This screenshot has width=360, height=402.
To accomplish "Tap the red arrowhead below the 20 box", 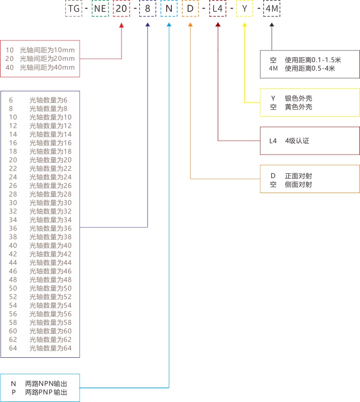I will coord(121,25).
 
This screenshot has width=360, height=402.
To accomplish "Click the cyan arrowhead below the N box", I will coord(168,25).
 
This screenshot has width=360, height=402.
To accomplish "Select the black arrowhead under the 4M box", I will coord(272,25).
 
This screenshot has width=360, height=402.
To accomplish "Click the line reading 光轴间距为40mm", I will coord(47,67).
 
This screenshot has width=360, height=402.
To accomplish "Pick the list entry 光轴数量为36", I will coord(50,228).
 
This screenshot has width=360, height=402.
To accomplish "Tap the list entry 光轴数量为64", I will coord(50,348).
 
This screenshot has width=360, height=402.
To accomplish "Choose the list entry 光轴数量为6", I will coord(48,100).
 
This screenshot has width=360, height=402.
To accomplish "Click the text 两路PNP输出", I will coord(46,392).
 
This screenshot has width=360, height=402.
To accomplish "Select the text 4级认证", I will coord(297,141).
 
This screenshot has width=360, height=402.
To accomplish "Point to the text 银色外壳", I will coord(299,98).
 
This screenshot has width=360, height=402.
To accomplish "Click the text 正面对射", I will coord(299,176).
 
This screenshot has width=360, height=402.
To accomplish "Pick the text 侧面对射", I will coord(299,184).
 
